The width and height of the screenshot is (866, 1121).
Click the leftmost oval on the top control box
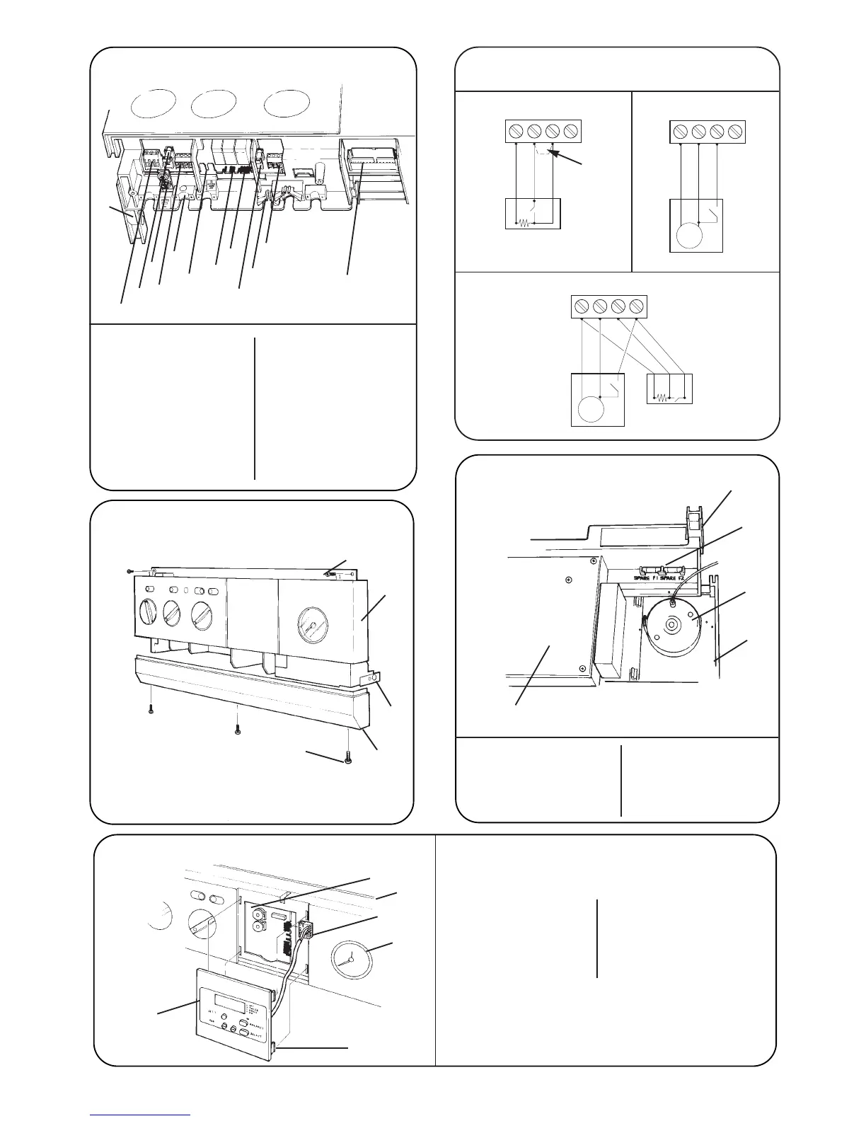pyautogui.click(x=154, y=105)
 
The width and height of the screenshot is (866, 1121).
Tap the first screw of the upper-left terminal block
pyautogui.click(x=516, y=131)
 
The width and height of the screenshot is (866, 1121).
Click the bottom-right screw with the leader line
pyautogui.click(x=347, y=759)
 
